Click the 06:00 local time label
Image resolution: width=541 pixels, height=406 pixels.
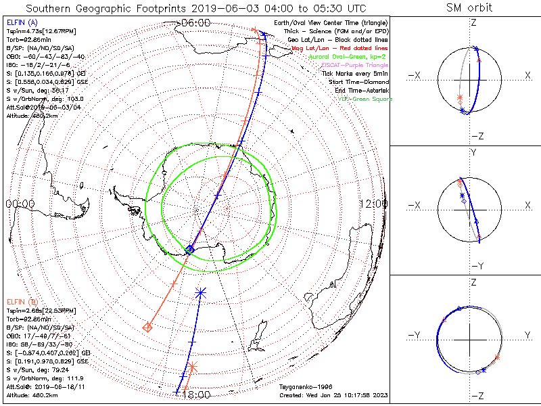pyautogui.click(x=195, y=22)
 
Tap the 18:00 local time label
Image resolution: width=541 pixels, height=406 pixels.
pyautogui.click(x=195, y=395)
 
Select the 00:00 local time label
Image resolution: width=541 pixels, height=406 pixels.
pyautogui.click(x=20, y=203)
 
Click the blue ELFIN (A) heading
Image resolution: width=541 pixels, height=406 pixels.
pyautogui.click(x=23, y=22)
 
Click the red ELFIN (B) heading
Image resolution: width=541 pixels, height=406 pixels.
pyautogui.click(x=23, y=301)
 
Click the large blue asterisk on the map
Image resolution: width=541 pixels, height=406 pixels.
pyautogui.click(x=200, y=292)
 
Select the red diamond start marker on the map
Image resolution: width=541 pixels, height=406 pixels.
pyautogui.click(x=147, y=328)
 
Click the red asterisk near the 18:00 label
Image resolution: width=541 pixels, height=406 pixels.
pyautogui.click(x=191, y=367)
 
